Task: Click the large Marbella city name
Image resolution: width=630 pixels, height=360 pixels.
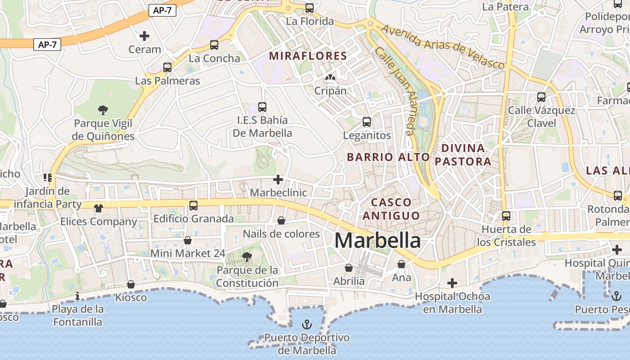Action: pyautogui.click(x=378, y=240)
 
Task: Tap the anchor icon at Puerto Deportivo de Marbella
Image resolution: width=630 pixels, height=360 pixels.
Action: pyautogui.click(x=306, y=324)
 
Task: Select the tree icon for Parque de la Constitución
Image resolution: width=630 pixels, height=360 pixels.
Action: pyautogui.click(x=247, y=257)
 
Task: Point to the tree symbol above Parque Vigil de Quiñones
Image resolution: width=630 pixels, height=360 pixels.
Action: pyautogui.click(x=103, y=109)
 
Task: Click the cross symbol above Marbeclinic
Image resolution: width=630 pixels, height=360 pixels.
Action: pyautogui.click(x=278, y=180)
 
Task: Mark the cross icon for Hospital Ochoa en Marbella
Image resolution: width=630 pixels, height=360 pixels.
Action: pyautogui.click(x=452, y=283)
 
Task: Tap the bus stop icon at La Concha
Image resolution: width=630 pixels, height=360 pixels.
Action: pyautogui.click(x=214, y=45)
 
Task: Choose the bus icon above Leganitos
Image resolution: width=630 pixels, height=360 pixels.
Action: pyautogui.click(x=367, y=122)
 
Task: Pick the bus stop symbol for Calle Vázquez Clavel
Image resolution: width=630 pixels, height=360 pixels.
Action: pyautogui.click(x=541, y=97)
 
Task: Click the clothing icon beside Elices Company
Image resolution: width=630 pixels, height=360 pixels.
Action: pyautogui.click(x=99, y=208)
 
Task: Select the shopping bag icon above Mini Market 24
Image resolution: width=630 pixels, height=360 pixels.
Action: pyautogui.click(x=188, y=240)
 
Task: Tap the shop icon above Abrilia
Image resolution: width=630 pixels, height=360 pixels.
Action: pyautogui.click(x=349, y=268)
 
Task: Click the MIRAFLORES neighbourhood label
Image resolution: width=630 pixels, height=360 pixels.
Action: pyautogui.click(x=308, y=56)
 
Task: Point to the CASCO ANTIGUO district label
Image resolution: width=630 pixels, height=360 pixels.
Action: pyautogui.click(x=391, y=209)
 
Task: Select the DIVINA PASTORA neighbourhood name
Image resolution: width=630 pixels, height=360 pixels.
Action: pyautogui.click(x=463, y=154)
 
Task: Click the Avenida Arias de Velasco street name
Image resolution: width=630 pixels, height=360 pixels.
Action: pyautogui.click(x=443, y=47)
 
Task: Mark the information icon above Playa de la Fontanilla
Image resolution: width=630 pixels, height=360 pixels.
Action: pyautogui.click(x=78, y=296)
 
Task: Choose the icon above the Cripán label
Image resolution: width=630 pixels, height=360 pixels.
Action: pyautogui.click(x=330, y=78)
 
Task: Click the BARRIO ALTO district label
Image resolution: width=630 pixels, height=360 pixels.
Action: pyautogui.click(x=388, y=157)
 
